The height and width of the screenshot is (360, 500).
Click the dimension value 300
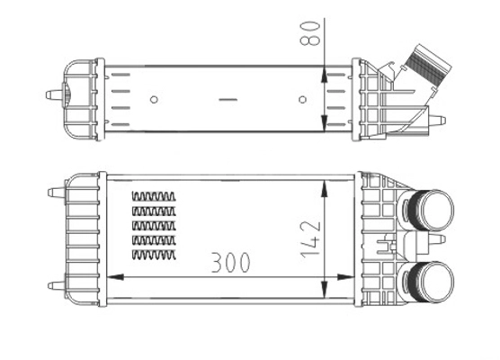point(230,262)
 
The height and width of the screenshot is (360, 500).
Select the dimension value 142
point(309,237)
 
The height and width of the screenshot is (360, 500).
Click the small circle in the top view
point(154,99)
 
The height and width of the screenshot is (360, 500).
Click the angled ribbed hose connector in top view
point(423,67)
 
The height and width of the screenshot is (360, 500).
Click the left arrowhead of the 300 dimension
point(113,275)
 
